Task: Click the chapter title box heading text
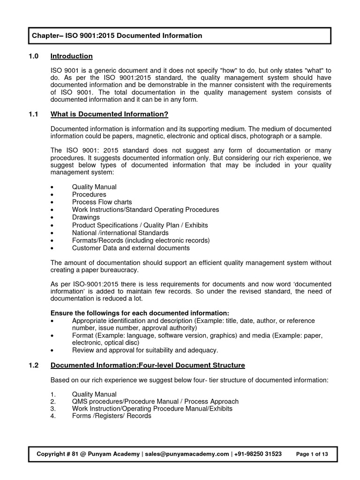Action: click(117, 36)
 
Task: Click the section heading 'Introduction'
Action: click(71, 56)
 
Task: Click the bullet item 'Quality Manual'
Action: click(94, 187)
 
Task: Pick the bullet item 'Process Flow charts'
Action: click(102, 202)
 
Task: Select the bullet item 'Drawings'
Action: click(86, 217)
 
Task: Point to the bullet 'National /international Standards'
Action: click(120, 232)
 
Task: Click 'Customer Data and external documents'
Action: click(131, 248)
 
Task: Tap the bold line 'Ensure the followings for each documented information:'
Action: click(140, 313)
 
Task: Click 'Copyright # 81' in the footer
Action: click(59, 454)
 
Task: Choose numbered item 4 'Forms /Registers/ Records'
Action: click(112, 416)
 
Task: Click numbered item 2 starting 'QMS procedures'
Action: click(155, 401)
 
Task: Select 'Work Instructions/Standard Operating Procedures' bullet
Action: click(145, 210)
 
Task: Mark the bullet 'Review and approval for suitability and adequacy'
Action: click(145, 350)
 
